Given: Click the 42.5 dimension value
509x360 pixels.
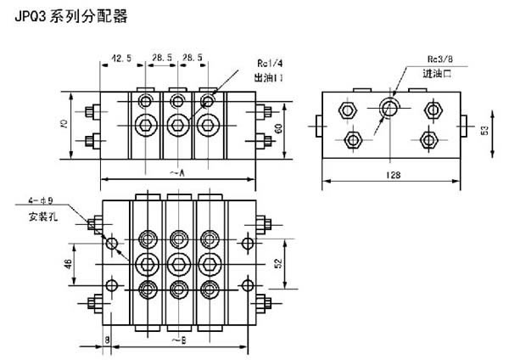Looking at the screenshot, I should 122,59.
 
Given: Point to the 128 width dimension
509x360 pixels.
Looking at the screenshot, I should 389,175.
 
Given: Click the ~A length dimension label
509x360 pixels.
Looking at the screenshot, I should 177,172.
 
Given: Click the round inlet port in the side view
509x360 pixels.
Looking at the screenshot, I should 389,108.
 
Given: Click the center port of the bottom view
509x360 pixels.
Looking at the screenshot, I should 178,262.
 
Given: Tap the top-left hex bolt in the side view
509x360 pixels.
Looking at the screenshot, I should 347,110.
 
